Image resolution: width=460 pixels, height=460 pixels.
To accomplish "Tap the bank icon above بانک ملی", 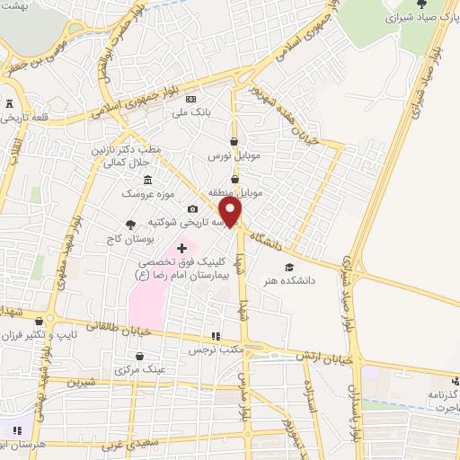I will click(x=190, y=99).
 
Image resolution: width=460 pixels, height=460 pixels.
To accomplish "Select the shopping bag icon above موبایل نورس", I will click(x=234, y=142).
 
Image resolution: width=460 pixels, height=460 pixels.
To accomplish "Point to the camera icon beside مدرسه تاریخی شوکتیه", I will click(x=192, y=208).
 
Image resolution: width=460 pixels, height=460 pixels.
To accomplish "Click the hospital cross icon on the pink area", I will click(x=181, y=247).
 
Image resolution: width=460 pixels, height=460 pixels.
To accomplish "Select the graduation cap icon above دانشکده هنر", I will click(x=289, y=267).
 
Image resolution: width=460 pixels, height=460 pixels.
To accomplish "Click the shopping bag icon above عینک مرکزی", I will click(x=125, y=356).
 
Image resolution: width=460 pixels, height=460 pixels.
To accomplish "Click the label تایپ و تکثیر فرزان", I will click(x=40, y=334).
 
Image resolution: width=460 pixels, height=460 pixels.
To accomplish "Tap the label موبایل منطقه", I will click(x=235, y=193).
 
